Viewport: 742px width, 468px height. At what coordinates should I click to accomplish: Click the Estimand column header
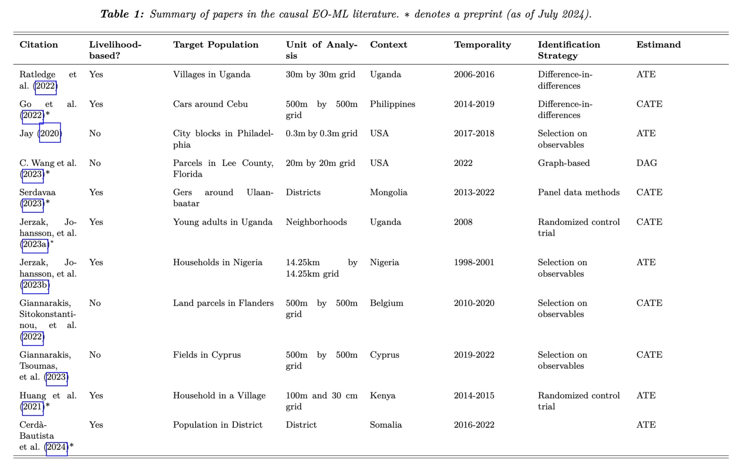point(658,45)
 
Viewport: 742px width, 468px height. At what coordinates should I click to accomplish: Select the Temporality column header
point(482,45)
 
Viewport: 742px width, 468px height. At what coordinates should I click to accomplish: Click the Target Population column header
point(216,45)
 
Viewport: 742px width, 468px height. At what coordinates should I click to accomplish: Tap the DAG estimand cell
point(646,163)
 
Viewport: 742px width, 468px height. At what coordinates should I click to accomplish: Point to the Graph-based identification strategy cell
point(563,163)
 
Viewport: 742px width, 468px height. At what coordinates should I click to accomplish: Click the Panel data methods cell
point(578,192)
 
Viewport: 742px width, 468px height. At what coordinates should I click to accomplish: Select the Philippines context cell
point(392,104)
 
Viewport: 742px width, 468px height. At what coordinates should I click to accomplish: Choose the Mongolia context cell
point(388,192)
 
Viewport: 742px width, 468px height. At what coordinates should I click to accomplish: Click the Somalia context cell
point(385,424)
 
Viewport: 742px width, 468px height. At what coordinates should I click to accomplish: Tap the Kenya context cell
point(382,395)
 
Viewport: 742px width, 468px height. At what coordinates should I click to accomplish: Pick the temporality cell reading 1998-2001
point(474,262)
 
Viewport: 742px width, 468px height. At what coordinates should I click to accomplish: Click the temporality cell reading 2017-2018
point(474,133)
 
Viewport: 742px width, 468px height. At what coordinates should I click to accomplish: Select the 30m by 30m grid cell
point(320,74)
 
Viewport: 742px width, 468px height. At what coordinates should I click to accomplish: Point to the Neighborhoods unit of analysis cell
point(316,222)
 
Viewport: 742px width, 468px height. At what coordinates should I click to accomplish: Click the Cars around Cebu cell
point(210,104)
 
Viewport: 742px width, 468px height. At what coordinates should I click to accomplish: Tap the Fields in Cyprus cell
point(207,354)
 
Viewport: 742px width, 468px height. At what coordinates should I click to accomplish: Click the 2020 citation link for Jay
point(50,134)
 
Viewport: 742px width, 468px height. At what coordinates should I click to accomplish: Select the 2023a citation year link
point(35,244)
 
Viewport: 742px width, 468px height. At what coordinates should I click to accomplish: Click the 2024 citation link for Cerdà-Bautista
point(57,447)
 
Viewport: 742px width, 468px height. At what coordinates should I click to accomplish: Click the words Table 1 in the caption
point(122,14)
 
